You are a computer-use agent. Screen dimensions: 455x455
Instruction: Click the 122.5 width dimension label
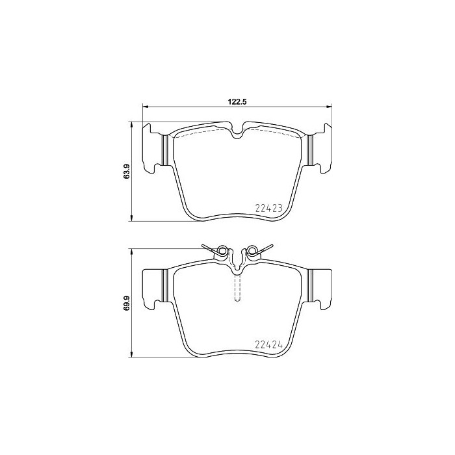(237, 101)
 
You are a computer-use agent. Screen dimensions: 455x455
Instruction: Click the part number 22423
(268, 208)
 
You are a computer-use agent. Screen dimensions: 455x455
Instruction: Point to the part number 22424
(268, 344)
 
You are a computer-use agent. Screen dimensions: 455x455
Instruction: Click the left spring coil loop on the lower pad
(222, 250)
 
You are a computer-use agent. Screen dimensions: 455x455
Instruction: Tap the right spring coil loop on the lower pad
(252, 250)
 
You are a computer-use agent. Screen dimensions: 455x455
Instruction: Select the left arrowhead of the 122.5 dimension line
(146, 107)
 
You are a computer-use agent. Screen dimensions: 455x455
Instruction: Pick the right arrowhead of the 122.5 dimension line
(328, 107)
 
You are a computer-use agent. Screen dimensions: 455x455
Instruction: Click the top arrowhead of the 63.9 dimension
(132, 125)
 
